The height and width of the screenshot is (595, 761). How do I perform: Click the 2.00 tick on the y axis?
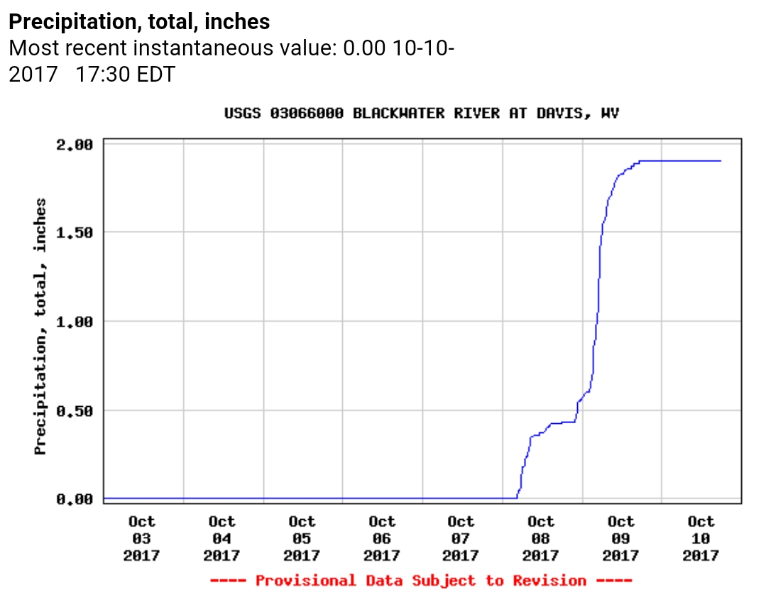click(x=75, y=145)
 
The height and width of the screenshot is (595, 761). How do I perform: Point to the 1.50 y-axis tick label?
click(x=75, y=233)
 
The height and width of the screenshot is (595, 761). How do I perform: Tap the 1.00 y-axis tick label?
click(x=75, y=322)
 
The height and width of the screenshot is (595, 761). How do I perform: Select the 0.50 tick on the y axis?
click(x=75, y=410)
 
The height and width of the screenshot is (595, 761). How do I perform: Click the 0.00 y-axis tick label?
click(x=75, y=499)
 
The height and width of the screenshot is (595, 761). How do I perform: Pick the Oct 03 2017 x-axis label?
click(x=142, y=539)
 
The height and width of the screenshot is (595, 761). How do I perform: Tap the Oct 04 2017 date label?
click(x=221, y=539)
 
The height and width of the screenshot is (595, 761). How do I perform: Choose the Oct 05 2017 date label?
click(x=302, y=539)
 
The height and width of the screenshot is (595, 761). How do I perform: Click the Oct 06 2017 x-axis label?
click(x=381, y=539)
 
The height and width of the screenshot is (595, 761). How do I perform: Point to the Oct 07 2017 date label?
click(x=461, y=539)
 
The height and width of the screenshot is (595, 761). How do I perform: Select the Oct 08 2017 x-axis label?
click(x=541, y=539)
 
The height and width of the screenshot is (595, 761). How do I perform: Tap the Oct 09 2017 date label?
click(x=620, y=539)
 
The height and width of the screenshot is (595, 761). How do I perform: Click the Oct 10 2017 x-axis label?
click(x=701, y=539)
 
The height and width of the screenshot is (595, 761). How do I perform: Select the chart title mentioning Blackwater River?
click(x=422, y=114)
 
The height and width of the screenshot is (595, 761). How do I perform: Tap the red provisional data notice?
click(x=422, y=581)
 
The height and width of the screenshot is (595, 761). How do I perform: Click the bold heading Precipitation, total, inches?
click(x=139, y=22)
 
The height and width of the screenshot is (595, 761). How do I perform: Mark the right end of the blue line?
click(x=721, y=161)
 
